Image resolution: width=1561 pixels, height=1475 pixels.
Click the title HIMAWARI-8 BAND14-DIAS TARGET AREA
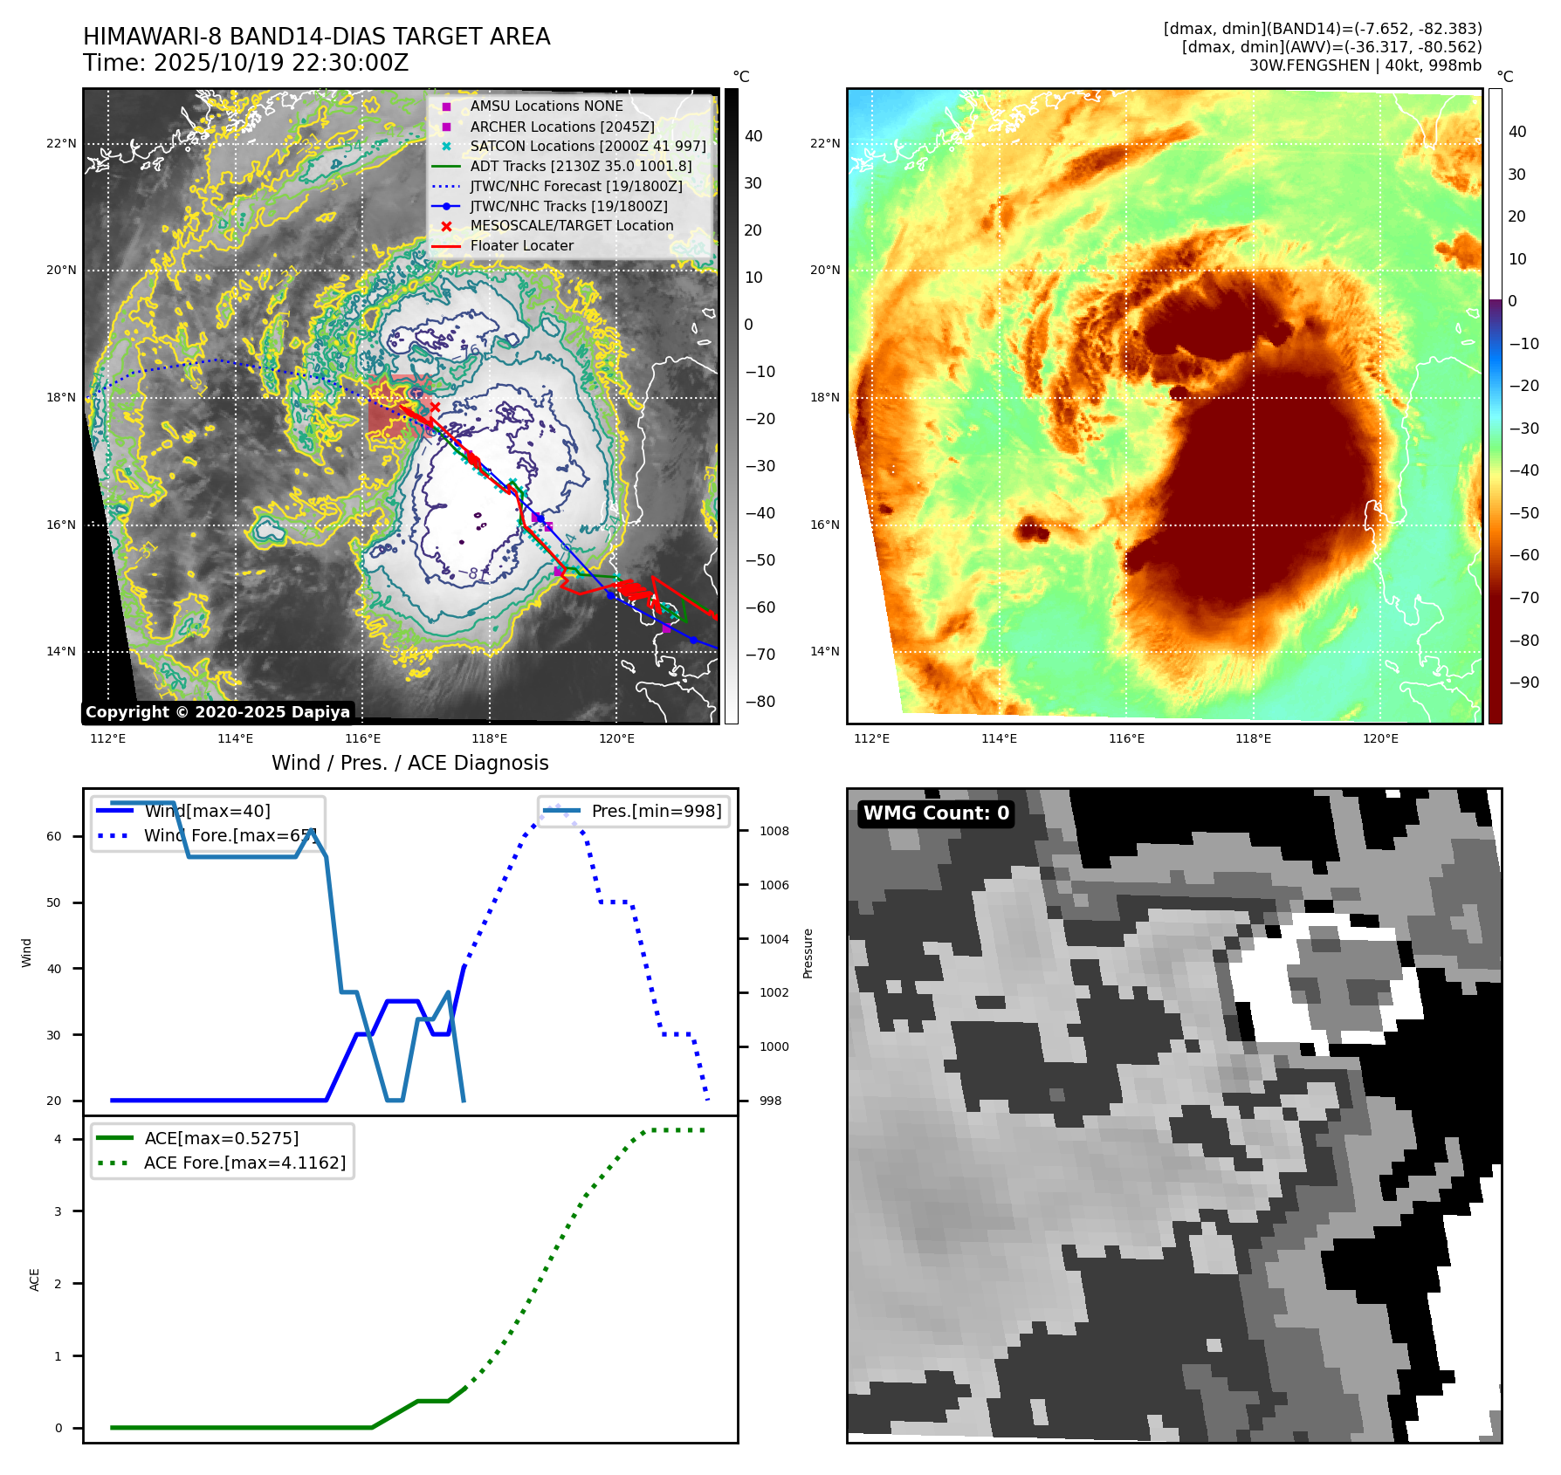(316, 37)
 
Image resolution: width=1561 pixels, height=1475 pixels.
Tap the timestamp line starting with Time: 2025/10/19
(245, 63)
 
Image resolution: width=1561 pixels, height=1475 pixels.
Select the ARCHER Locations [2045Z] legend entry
(561, 127)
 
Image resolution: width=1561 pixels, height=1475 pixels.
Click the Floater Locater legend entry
(521, 246)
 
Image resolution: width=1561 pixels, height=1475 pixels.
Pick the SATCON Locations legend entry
(588, 147)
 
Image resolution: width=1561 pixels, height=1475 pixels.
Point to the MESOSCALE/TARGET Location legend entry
(571, 226)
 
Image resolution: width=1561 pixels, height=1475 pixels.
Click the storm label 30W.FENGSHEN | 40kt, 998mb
(1365, 65)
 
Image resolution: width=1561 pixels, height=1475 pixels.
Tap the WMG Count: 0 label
(936, 813)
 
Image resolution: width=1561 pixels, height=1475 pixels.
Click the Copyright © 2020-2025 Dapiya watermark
(217, 712)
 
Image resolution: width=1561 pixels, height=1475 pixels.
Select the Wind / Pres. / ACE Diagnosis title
(409, 763)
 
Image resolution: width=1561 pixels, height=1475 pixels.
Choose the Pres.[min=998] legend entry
(656, 811)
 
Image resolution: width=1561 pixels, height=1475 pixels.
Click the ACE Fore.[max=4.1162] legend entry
(244, 1163)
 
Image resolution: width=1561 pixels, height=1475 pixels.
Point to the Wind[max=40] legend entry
(207, 811)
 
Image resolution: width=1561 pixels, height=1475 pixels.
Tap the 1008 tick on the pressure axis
(774, 831)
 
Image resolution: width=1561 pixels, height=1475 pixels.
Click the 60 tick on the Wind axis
(54, 836)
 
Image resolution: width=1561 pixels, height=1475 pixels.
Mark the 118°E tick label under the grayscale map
(489, 739)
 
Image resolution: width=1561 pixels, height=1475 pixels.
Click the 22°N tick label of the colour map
(824, 144)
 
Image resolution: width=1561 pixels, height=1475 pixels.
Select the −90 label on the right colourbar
(1523, 683)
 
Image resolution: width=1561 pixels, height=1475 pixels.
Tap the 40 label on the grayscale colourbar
(753, 136)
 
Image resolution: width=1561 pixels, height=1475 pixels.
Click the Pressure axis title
(808, 953)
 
